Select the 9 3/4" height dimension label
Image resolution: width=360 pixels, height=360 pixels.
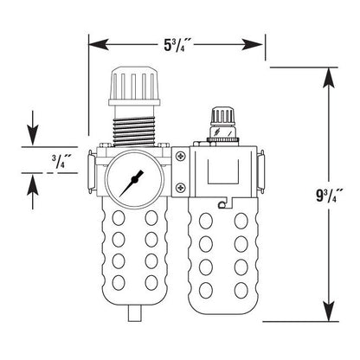tap(329, 196)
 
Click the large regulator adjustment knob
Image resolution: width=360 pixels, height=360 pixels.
tap(134, 86)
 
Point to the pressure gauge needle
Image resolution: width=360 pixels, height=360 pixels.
tap(132, 183)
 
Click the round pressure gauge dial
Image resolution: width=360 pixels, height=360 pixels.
tap(133, 179)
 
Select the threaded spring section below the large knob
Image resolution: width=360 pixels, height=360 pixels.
tap(134, 132)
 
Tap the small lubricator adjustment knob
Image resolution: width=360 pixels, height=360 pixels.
tap(222, 116)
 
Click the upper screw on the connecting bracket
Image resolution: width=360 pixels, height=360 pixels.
tap(181, 156)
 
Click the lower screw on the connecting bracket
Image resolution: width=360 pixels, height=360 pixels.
tap(181, 188)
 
